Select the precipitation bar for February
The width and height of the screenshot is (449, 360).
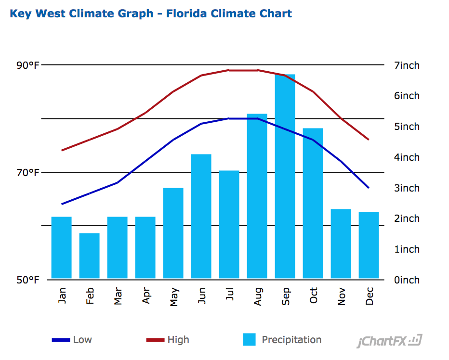(89, 256)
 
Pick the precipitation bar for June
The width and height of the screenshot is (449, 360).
(201, 216)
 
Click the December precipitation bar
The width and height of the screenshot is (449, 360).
(369, 245)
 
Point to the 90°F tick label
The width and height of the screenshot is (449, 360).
(27, 65)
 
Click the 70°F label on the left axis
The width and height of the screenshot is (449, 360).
(27, 172)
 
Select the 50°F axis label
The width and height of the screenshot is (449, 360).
(27, 280)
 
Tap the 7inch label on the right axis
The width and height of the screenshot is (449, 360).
(406, 65)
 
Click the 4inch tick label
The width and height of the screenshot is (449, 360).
(406, 157)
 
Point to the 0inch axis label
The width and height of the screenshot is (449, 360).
(406, 280)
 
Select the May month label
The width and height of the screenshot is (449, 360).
(173, 296)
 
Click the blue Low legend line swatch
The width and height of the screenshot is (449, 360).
(61, 340)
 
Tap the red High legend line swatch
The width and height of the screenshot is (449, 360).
(155, 340)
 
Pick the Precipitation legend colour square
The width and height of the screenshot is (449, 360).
(250, 340)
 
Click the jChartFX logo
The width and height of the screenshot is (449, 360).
(389, 342)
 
